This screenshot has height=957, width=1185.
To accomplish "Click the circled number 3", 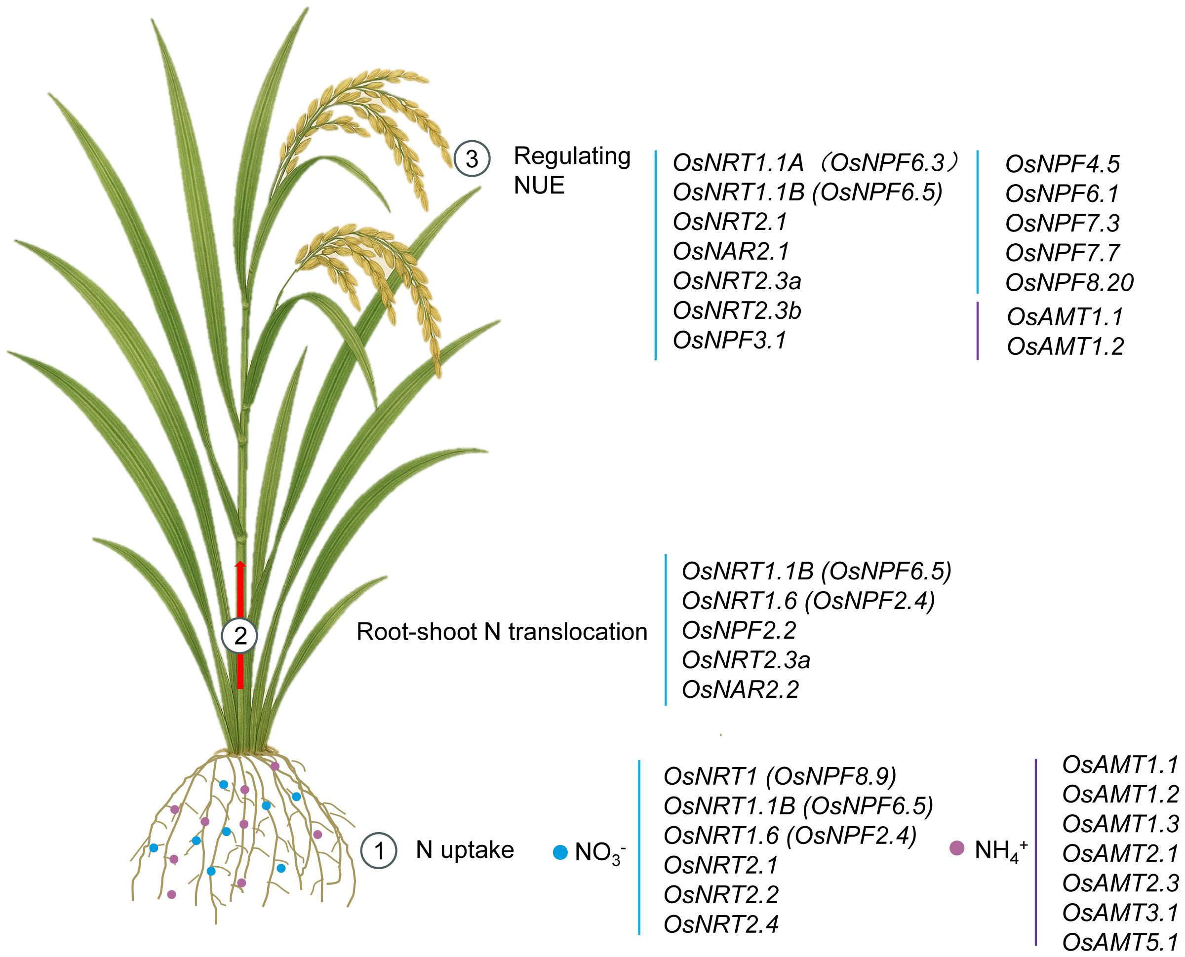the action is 472,159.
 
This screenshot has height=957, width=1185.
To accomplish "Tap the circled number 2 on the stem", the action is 239,637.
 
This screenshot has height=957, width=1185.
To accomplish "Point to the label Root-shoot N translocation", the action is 502,632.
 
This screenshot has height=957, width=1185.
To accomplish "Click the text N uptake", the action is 464,849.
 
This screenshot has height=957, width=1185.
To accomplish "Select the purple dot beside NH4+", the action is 957,848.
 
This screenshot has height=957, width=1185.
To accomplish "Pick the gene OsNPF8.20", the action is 1069,283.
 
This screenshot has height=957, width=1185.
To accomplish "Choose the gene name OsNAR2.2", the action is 740,689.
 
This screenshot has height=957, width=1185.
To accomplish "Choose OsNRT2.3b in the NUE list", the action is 737,311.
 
